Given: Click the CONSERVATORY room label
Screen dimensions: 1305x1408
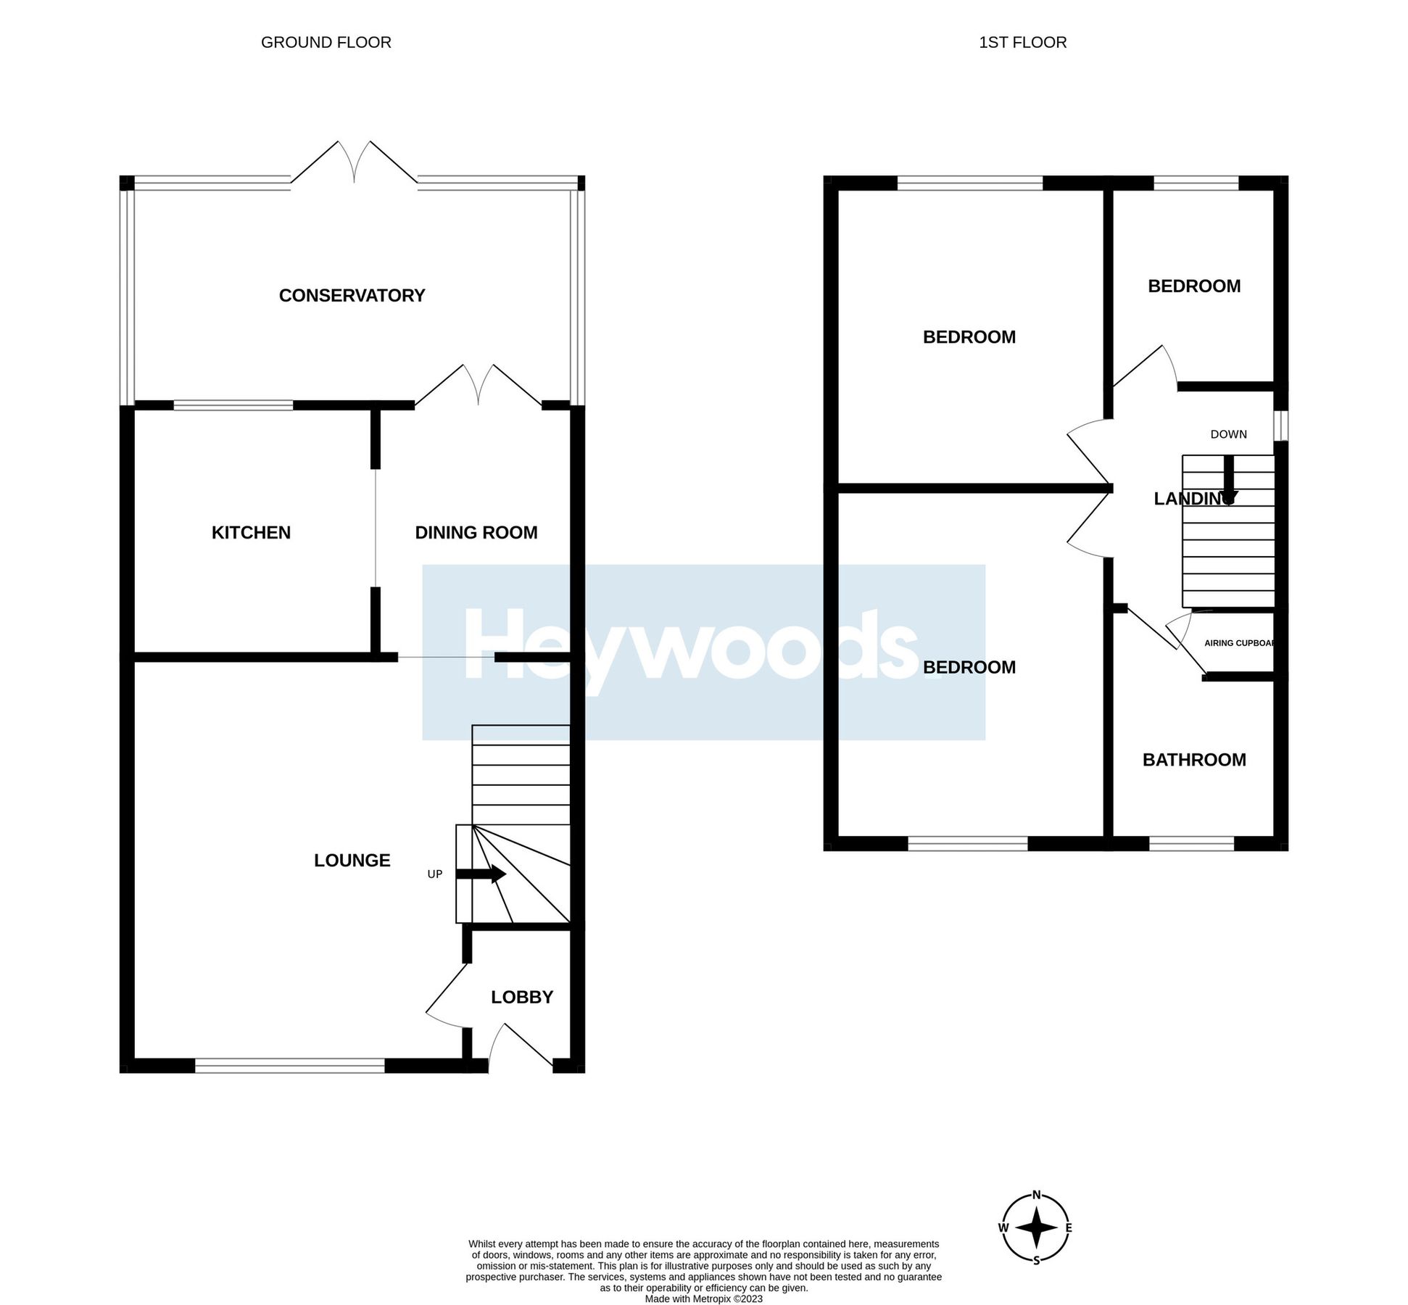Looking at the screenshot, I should click(352, 295).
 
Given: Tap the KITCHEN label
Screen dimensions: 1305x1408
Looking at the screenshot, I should click(251, 532).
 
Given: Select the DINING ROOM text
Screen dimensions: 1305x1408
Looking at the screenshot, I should click(476, 532).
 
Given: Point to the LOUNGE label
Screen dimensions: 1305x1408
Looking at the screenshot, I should click(352, 860).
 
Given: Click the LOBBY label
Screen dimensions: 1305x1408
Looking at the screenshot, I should click(521, 997).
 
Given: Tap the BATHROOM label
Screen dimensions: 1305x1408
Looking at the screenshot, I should click(1193, 759).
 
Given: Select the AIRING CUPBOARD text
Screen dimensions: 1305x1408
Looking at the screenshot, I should click(1238, 643).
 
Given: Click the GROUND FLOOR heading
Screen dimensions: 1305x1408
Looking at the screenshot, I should click(326, 42).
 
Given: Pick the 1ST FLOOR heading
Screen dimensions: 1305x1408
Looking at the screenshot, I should click(1022, 42).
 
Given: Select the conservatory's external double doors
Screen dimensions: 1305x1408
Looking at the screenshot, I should click(354, 163).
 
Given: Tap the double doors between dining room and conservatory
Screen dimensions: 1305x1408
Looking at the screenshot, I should click(478, 385).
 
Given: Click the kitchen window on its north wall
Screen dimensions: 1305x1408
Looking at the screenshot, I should click(233, 405).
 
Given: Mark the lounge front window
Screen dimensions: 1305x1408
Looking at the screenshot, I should click(289, 1065).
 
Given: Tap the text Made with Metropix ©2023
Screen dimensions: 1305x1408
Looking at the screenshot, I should click(703, 1298).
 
